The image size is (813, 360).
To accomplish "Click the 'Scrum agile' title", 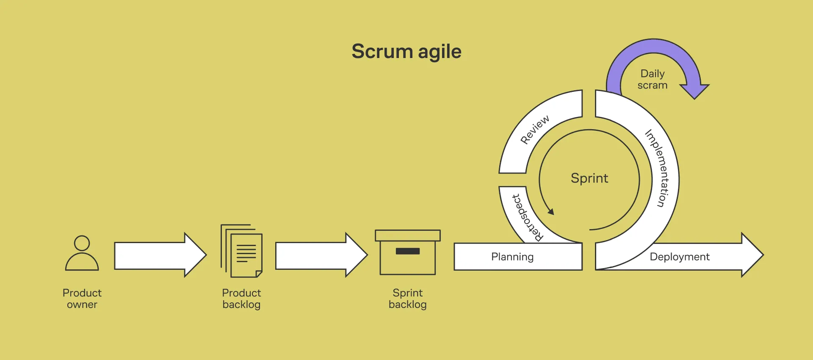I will tap(406, 52).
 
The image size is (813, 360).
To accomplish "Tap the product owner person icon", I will tap(82, 253).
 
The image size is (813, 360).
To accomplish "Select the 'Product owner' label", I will tap(82, 299).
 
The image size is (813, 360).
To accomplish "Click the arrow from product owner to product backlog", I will tap(160, 255).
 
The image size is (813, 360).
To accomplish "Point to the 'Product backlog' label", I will tap(241, 299).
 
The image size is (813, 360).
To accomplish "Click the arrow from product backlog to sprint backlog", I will tap(321, 255).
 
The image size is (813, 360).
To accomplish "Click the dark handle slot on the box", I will tap(408, 251).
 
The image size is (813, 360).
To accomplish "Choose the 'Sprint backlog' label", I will tap(408, 299).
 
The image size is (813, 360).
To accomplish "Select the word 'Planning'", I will tap(512, 257).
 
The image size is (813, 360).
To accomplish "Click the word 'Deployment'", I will tap(680, 257).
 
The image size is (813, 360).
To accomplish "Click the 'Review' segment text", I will tap(535, 130).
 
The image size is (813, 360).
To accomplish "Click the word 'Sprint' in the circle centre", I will tap(589, 178).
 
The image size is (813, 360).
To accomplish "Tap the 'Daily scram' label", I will tap(653, 80).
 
